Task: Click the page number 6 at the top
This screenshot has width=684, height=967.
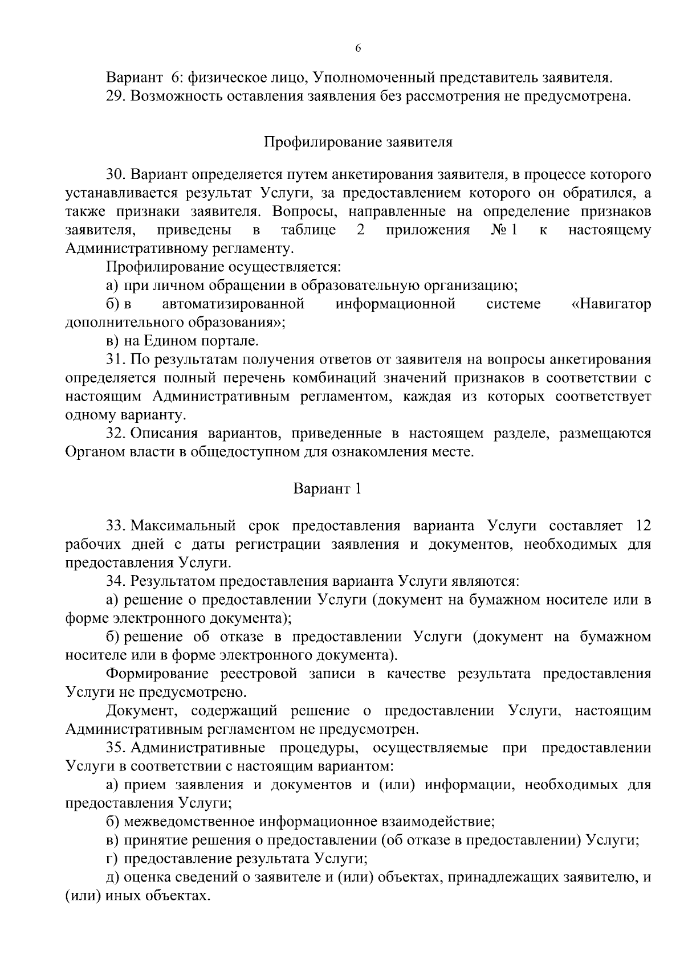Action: click(x=358, y=49)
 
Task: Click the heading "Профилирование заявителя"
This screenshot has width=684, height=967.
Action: click(x=358, y=142)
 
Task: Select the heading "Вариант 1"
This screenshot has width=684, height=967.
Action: click(x=327, y=488)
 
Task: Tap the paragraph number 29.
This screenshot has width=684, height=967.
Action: click(x=116, y=96)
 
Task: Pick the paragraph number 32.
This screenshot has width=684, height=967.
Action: click(x=116, y=434)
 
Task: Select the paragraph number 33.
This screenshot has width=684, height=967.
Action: click(x=116, y=525)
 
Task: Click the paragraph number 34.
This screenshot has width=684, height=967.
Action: click(x=116, y=581)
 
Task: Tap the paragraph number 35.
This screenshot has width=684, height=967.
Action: click(x=116, y=748)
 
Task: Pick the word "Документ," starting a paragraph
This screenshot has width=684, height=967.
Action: click(x=141, y=711)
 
